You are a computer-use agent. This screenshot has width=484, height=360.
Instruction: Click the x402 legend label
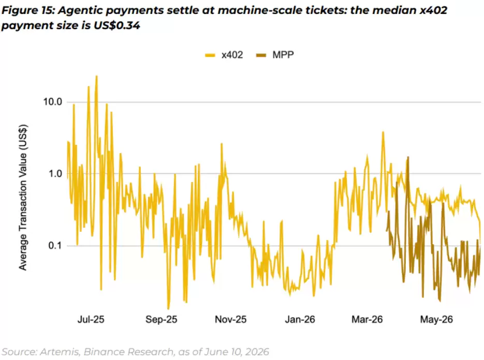[232, 55]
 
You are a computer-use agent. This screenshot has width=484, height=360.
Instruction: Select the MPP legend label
[283, 55]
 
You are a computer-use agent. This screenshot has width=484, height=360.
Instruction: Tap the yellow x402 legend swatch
[210, 55]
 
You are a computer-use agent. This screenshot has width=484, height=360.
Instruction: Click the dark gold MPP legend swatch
[261, 55]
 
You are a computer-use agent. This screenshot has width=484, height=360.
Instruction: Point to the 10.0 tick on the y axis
[53, 102]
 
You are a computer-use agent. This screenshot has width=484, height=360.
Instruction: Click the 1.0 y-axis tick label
[55, 174]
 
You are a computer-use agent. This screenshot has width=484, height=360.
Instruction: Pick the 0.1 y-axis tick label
[55, 246]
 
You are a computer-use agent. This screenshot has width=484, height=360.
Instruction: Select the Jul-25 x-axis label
[91, 319]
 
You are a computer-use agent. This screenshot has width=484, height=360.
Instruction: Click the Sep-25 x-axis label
[162, 319]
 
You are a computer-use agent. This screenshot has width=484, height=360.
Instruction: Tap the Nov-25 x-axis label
[231, 319]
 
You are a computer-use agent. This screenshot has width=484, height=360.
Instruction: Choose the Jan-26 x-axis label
[300, 319]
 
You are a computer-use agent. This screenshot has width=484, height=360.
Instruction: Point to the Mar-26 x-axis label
[367, 319]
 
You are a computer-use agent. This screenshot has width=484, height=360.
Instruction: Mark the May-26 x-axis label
[436, 319]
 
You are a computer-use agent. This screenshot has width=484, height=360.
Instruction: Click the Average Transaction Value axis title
[23, 198]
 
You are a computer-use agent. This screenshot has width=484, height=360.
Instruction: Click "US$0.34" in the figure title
[116, 25]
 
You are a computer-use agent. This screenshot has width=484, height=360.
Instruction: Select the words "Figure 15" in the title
[28, 10]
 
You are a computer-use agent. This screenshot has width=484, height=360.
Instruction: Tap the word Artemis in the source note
[60, 352]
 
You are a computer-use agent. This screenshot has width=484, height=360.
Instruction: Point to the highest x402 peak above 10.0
[96, 76]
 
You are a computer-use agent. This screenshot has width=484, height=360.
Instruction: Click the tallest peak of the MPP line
[408, 157]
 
